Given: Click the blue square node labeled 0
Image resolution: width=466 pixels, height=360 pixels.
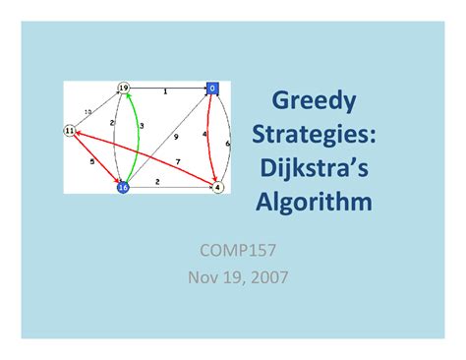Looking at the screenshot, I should pos(211,89).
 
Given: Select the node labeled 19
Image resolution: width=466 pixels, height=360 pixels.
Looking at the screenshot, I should pos(123,89).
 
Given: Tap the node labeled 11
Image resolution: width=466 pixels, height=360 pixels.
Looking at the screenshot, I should pos(69,131).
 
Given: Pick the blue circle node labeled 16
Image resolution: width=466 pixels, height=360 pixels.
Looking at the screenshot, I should pos(123,186).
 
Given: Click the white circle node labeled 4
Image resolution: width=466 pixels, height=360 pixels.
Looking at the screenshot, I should pos(217,186).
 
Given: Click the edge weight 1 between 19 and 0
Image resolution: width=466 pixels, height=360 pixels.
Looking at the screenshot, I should pos(164,92).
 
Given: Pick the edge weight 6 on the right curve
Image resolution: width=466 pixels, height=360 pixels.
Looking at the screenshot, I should pos(228,144).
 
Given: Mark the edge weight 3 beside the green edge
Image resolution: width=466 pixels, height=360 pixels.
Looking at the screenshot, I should pos(142,126).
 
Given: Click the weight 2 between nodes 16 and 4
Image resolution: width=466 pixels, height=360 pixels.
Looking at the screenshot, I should pos(158,182).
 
